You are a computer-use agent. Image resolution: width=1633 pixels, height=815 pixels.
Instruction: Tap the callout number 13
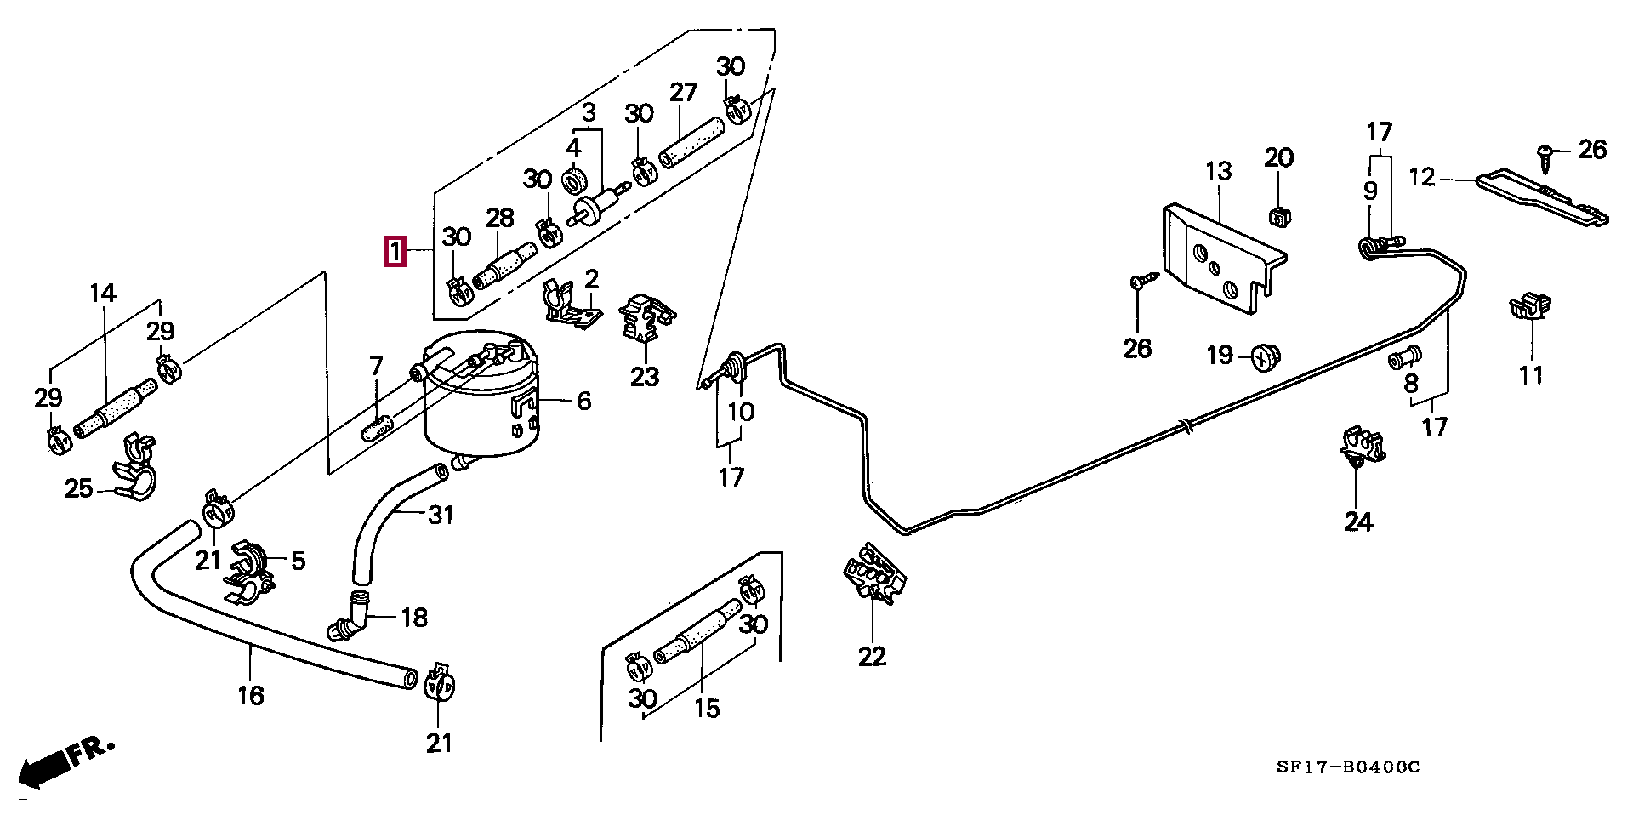1218,171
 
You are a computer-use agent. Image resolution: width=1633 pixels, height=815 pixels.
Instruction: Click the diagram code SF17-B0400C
1347,767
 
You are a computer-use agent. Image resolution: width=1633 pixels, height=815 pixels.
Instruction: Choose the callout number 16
251,695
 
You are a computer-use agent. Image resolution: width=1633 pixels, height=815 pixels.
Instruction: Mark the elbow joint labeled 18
350,620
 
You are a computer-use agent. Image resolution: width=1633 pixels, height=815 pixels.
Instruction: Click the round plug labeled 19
1266,357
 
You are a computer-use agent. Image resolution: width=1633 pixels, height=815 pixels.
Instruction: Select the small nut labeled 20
1278,217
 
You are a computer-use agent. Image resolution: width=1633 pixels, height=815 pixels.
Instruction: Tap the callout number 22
872,656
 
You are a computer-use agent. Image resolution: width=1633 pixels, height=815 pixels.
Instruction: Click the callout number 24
1358,521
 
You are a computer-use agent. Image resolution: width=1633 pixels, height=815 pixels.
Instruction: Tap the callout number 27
683,92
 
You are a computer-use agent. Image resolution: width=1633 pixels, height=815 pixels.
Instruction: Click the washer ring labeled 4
576,181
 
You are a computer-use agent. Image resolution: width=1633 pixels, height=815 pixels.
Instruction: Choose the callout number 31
440,515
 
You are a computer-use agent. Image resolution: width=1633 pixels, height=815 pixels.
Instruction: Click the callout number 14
102,294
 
